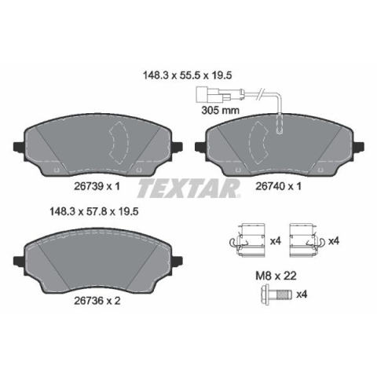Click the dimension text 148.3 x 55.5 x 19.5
187,75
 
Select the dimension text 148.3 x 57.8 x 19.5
94,211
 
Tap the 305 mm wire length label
220,110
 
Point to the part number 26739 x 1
97,186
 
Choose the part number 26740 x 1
278,186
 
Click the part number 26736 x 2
97,301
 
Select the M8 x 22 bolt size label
276,276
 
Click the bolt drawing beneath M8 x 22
276,295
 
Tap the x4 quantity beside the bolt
302,295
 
